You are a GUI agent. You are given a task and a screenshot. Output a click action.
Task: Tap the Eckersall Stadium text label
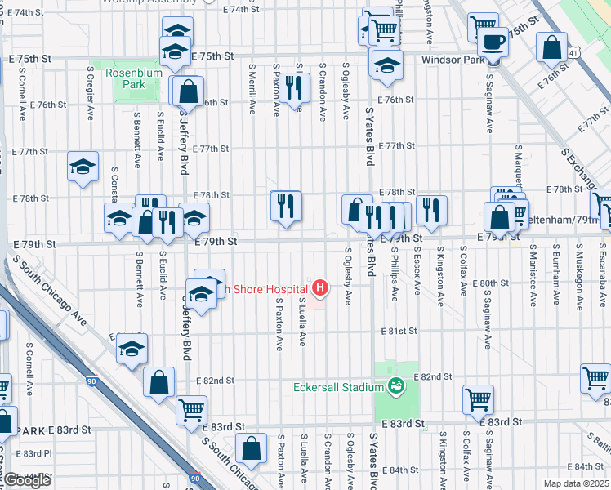[338, 386]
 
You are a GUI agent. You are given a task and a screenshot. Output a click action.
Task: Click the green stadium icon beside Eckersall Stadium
[396, 385]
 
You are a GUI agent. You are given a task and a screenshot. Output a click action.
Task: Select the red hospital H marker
[320, 287]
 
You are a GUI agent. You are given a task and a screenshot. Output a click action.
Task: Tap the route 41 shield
[575, 53]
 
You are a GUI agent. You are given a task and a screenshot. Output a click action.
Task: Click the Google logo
[26, 480]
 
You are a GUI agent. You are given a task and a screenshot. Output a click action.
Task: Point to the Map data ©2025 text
[576, 483]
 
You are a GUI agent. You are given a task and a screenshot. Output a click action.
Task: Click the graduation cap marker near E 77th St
[83, 167]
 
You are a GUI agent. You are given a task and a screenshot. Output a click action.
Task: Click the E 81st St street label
[399, 332]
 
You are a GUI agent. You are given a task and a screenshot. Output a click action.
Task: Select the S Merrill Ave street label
[252, 91]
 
